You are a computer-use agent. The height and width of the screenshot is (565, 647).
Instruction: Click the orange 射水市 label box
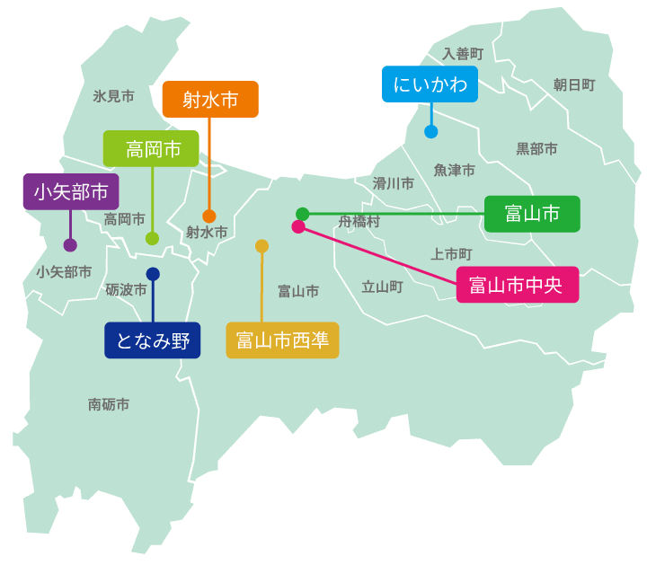210,100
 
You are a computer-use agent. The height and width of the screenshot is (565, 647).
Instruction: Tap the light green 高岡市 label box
151,149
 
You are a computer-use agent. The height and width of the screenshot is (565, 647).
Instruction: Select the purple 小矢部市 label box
70,191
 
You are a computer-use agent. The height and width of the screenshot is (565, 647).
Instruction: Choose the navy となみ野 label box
153,340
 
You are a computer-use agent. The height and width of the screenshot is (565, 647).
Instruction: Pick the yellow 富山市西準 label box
282,340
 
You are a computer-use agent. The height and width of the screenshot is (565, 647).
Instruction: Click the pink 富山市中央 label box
517,285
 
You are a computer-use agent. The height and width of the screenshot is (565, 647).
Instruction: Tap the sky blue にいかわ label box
430,84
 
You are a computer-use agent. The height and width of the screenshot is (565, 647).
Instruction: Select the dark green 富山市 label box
532,214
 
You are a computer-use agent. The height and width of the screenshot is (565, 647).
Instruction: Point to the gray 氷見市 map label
113,95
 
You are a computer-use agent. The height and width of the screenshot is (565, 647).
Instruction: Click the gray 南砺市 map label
109,404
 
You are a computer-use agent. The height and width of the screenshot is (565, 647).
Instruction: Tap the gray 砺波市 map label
125,289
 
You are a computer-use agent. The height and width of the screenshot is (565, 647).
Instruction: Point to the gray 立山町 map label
382,287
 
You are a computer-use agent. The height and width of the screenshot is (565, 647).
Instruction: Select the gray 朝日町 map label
574,84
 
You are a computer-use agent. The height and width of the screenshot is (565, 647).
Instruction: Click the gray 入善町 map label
463,54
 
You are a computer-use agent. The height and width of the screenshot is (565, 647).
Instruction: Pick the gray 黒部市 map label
536,148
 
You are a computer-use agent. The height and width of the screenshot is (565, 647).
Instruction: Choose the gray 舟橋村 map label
359,221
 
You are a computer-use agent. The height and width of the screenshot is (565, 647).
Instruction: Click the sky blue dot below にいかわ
431,131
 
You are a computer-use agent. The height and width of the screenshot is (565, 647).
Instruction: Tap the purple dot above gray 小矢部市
70,244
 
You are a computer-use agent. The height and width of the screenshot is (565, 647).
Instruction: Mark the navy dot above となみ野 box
153,274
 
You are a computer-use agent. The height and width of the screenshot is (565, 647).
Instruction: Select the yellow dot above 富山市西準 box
261,245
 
